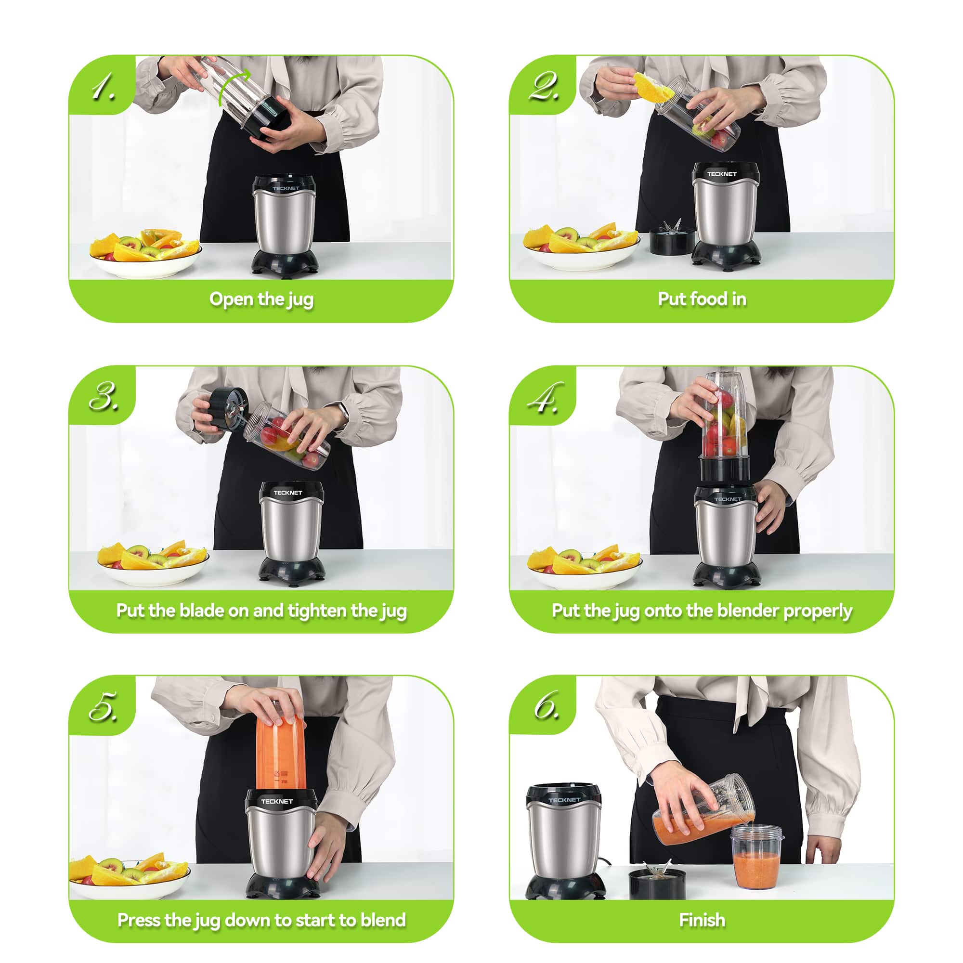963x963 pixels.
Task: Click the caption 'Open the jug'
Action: (x=261, y=299)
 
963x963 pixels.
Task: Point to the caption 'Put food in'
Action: (x=702, y=299)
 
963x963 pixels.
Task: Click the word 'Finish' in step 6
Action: (x=702, y=920)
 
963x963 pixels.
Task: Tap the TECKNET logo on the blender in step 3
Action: (x=287, y=493)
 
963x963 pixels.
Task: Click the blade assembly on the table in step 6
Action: (x=657, y=883)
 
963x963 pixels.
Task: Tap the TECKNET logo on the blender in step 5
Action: (x=277, y=801)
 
